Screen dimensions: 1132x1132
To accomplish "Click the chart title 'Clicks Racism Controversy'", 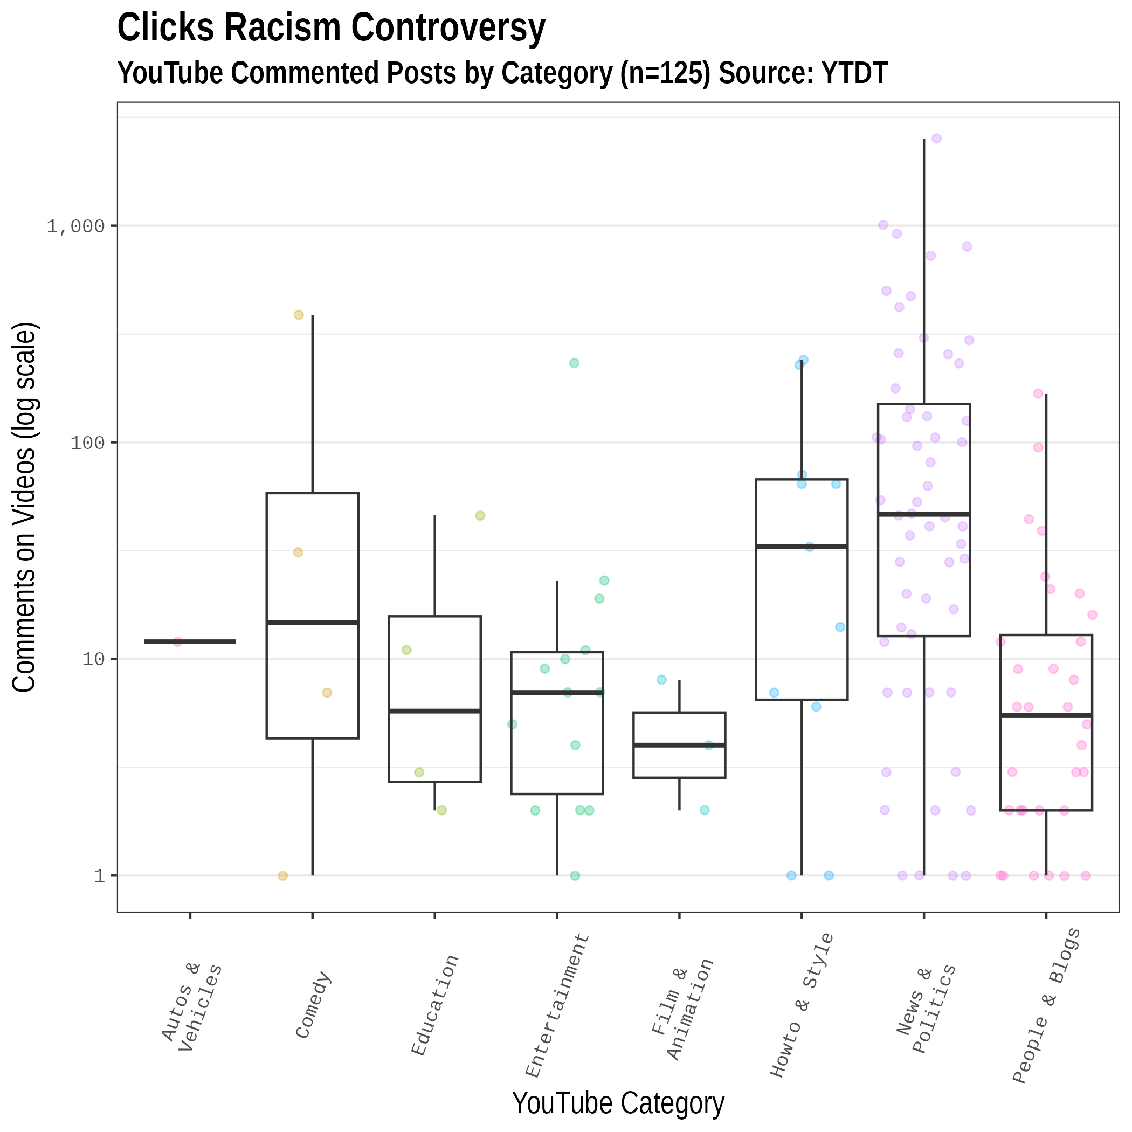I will (331, 28).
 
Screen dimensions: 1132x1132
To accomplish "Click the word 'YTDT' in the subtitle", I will (855, 73).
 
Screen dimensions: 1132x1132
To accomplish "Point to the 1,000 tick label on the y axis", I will (75, 226).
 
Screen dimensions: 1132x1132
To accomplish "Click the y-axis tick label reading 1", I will (100, 876).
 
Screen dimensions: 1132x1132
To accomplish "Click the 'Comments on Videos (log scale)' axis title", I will (25, 507).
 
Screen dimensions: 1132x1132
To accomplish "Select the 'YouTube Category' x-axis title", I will (618, 1102).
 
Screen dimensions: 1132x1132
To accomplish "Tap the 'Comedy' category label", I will (314, 1005).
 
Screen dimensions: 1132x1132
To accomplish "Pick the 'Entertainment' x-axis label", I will (557, 1005).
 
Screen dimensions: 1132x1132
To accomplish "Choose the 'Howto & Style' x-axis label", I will (801, 1005).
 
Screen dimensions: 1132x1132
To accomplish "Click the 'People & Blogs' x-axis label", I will (1046, 1005).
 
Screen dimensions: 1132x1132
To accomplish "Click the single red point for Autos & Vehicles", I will (177, 642).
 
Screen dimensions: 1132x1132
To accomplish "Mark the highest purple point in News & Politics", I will (936, 139).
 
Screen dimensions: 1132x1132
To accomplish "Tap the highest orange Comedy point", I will (298, 315).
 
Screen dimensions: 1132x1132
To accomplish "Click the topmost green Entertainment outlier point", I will (574, 363).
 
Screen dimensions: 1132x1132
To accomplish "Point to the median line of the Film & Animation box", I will (679, 745).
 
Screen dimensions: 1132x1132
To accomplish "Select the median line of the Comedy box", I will (312, 622).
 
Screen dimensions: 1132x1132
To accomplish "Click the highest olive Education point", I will (480, 516).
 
